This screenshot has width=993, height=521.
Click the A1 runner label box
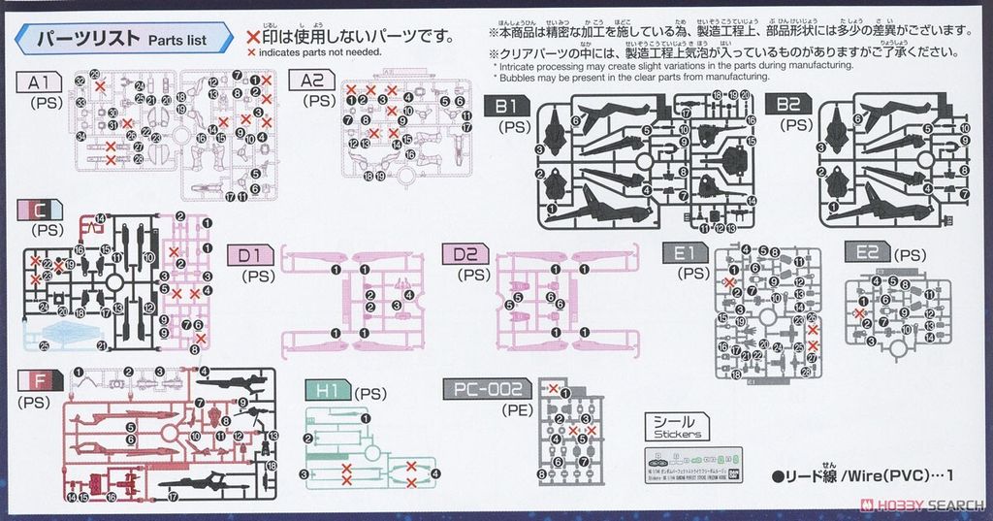[x=40, y=81]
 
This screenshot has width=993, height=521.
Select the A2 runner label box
[x=312, y=81]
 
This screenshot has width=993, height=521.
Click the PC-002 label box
[x=486, y=390]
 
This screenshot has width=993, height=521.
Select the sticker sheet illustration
[x=692, y=459]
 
